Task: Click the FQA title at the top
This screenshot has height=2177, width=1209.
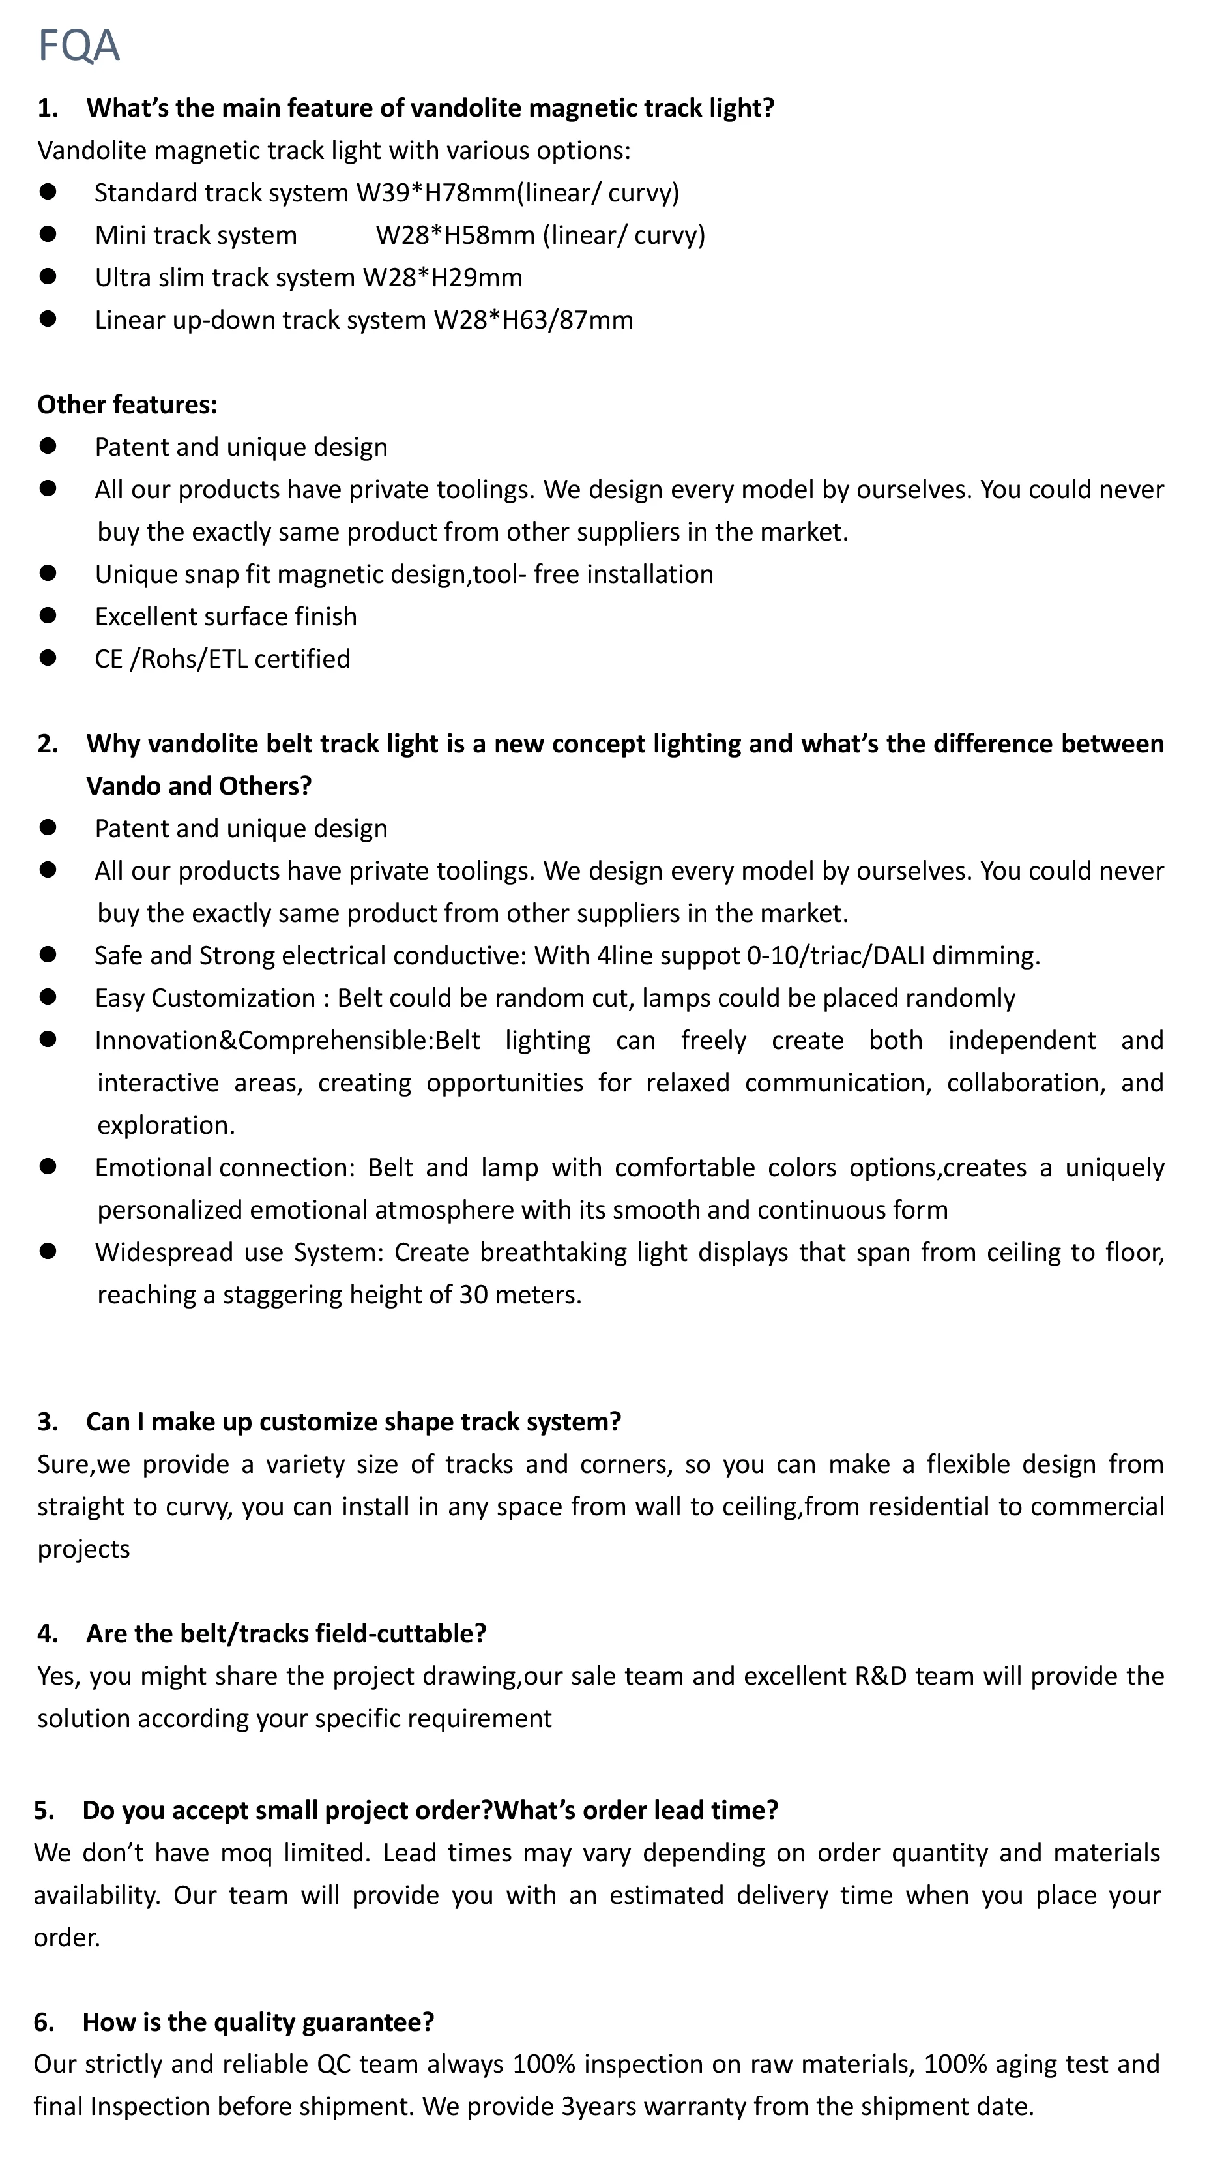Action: (79, 45)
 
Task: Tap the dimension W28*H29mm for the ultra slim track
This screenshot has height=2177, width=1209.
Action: (442, 277)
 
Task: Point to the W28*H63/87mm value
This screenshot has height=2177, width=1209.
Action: (533, 319)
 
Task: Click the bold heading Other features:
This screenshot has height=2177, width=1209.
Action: (126, 405)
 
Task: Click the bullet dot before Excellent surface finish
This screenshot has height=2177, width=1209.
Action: (48, 615)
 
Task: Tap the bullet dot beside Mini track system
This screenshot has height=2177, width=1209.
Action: (48, 233)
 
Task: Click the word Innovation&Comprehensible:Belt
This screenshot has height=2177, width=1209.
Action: (287, 1039)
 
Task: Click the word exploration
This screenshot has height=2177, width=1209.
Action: (166, 1125)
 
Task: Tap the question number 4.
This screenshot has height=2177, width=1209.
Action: (46, 1633)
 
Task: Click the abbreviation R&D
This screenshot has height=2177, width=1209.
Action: (881, 1675)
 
